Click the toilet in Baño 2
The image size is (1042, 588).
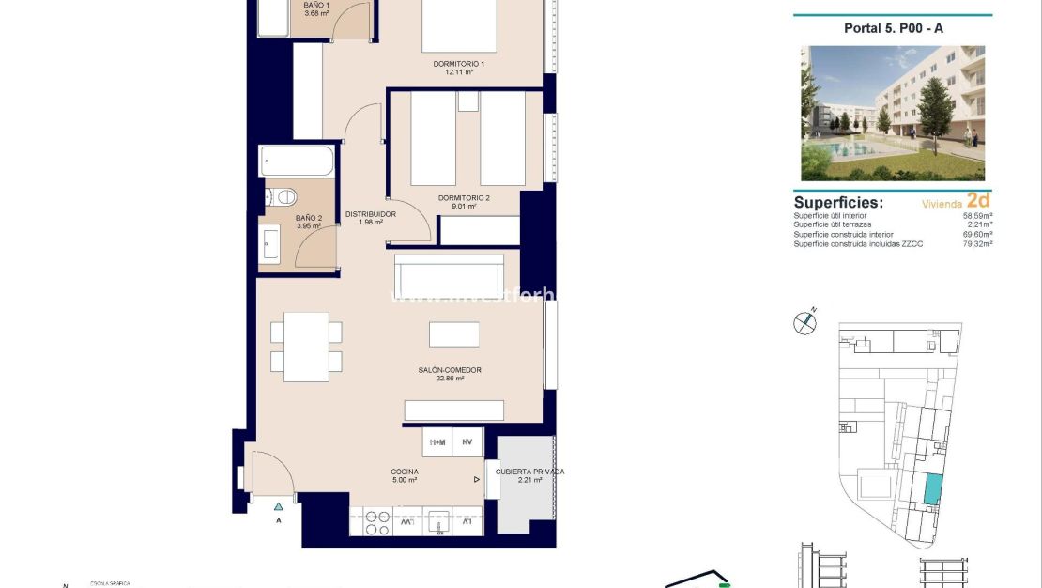(x=281, y=196)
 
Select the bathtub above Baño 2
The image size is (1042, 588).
(x=296, y=161)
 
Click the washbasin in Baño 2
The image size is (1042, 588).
(x=269, y=244)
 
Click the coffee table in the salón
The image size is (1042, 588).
(x=454, y=334)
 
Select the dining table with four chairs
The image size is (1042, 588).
(x=306, y=347)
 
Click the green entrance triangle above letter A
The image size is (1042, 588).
(x=279, y=506)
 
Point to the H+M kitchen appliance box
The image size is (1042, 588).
(x=437, y=442)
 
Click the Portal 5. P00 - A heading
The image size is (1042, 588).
(x=893, y=28)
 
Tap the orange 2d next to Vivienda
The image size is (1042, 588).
(x=978, y=200)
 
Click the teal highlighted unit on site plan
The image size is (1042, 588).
(x=932, y=488)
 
